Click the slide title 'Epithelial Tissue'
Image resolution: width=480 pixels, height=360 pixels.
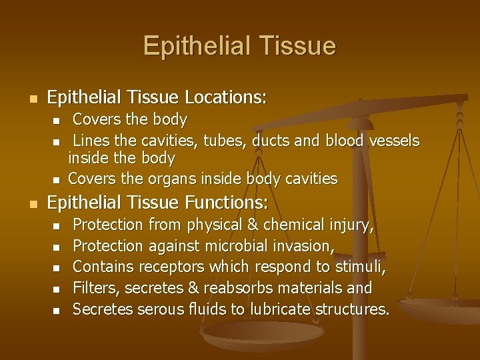tap(239, 46)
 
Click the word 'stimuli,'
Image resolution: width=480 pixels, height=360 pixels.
tap(359, 267)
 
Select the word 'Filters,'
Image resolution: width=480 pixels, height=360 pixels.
tap(97, 289)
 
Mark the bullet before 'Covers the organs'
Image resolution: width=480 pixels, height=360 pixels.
tap(57, 179)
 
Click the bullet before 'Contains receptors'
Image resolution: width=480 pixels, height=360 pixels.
tap(57, 268)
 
